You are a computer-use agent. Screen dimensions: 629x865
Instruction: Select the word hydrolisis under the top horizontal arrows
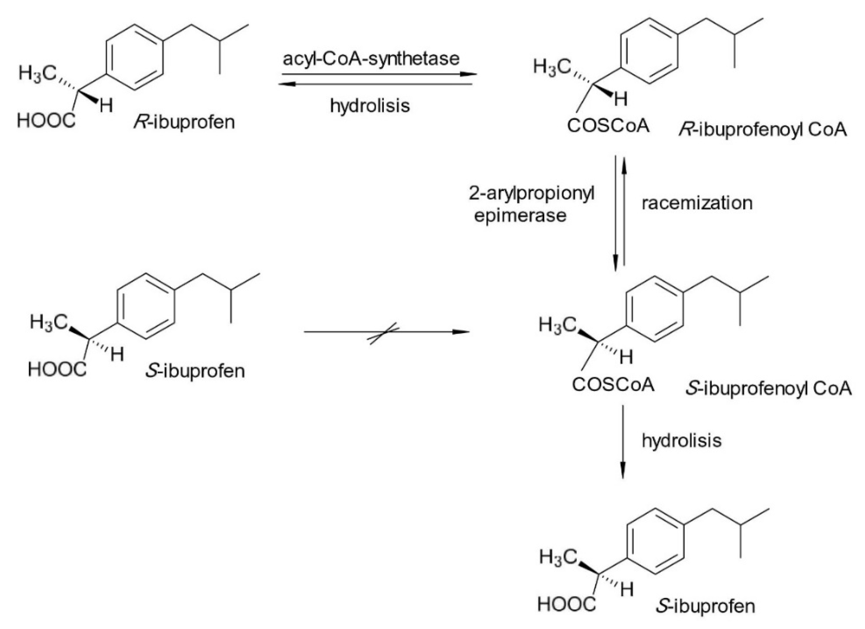tap(370, 106)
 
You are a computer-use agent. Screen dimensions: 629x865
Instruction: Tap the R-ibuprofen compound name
tap(184, 122)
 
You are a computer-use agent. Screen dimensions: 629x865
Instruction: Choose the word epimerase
tap(520, 216)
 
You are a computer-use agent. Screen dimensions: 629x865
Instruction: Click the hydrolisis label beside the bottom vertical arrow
tap(682, 441)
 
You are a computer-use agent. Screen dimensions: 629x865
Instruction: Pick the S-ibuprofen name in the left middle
tap(195, 371)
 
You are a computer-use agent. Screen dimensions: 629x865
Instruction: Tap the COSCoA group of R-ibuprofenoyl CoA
tap(608, 126)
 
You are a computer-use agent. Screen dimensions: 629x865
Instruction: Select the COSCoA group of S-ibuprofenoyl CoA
tap(613, 385)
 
